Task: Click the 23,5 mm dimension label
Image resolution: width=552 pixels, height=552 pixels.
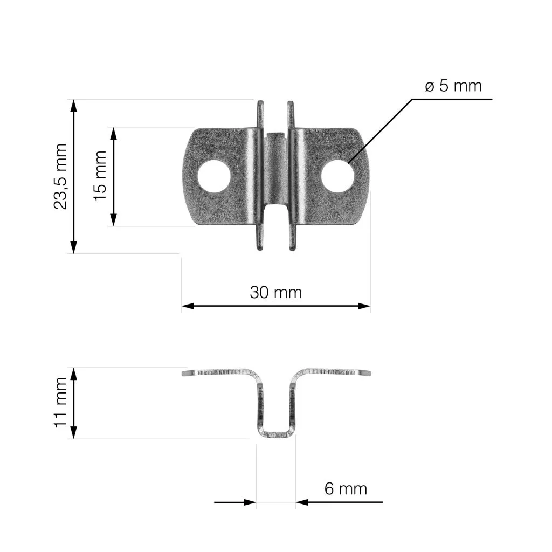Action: [x=60, y=176]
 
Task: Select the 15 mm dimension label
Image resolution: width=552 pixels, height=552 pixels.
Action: [x=100, y=176]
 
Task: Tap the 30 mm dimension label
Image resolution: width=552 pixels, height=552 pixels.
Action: [x=275, y=293]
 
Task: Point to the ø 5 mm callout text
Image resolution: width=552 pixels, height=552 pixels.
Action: [x=453, y=86]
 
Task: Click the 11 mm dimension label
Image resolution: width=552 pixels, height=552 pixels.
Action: [x=60, y=402]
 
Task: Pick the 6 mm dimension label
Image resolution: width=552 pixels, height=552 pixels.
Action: [x=346, y=488]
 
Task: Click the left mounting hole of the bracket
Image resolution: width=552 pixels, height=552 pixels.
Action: [x=213, y=176]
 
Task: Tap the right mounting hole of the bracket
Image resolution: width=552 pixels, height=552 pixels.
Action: [x=337, y=176]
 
